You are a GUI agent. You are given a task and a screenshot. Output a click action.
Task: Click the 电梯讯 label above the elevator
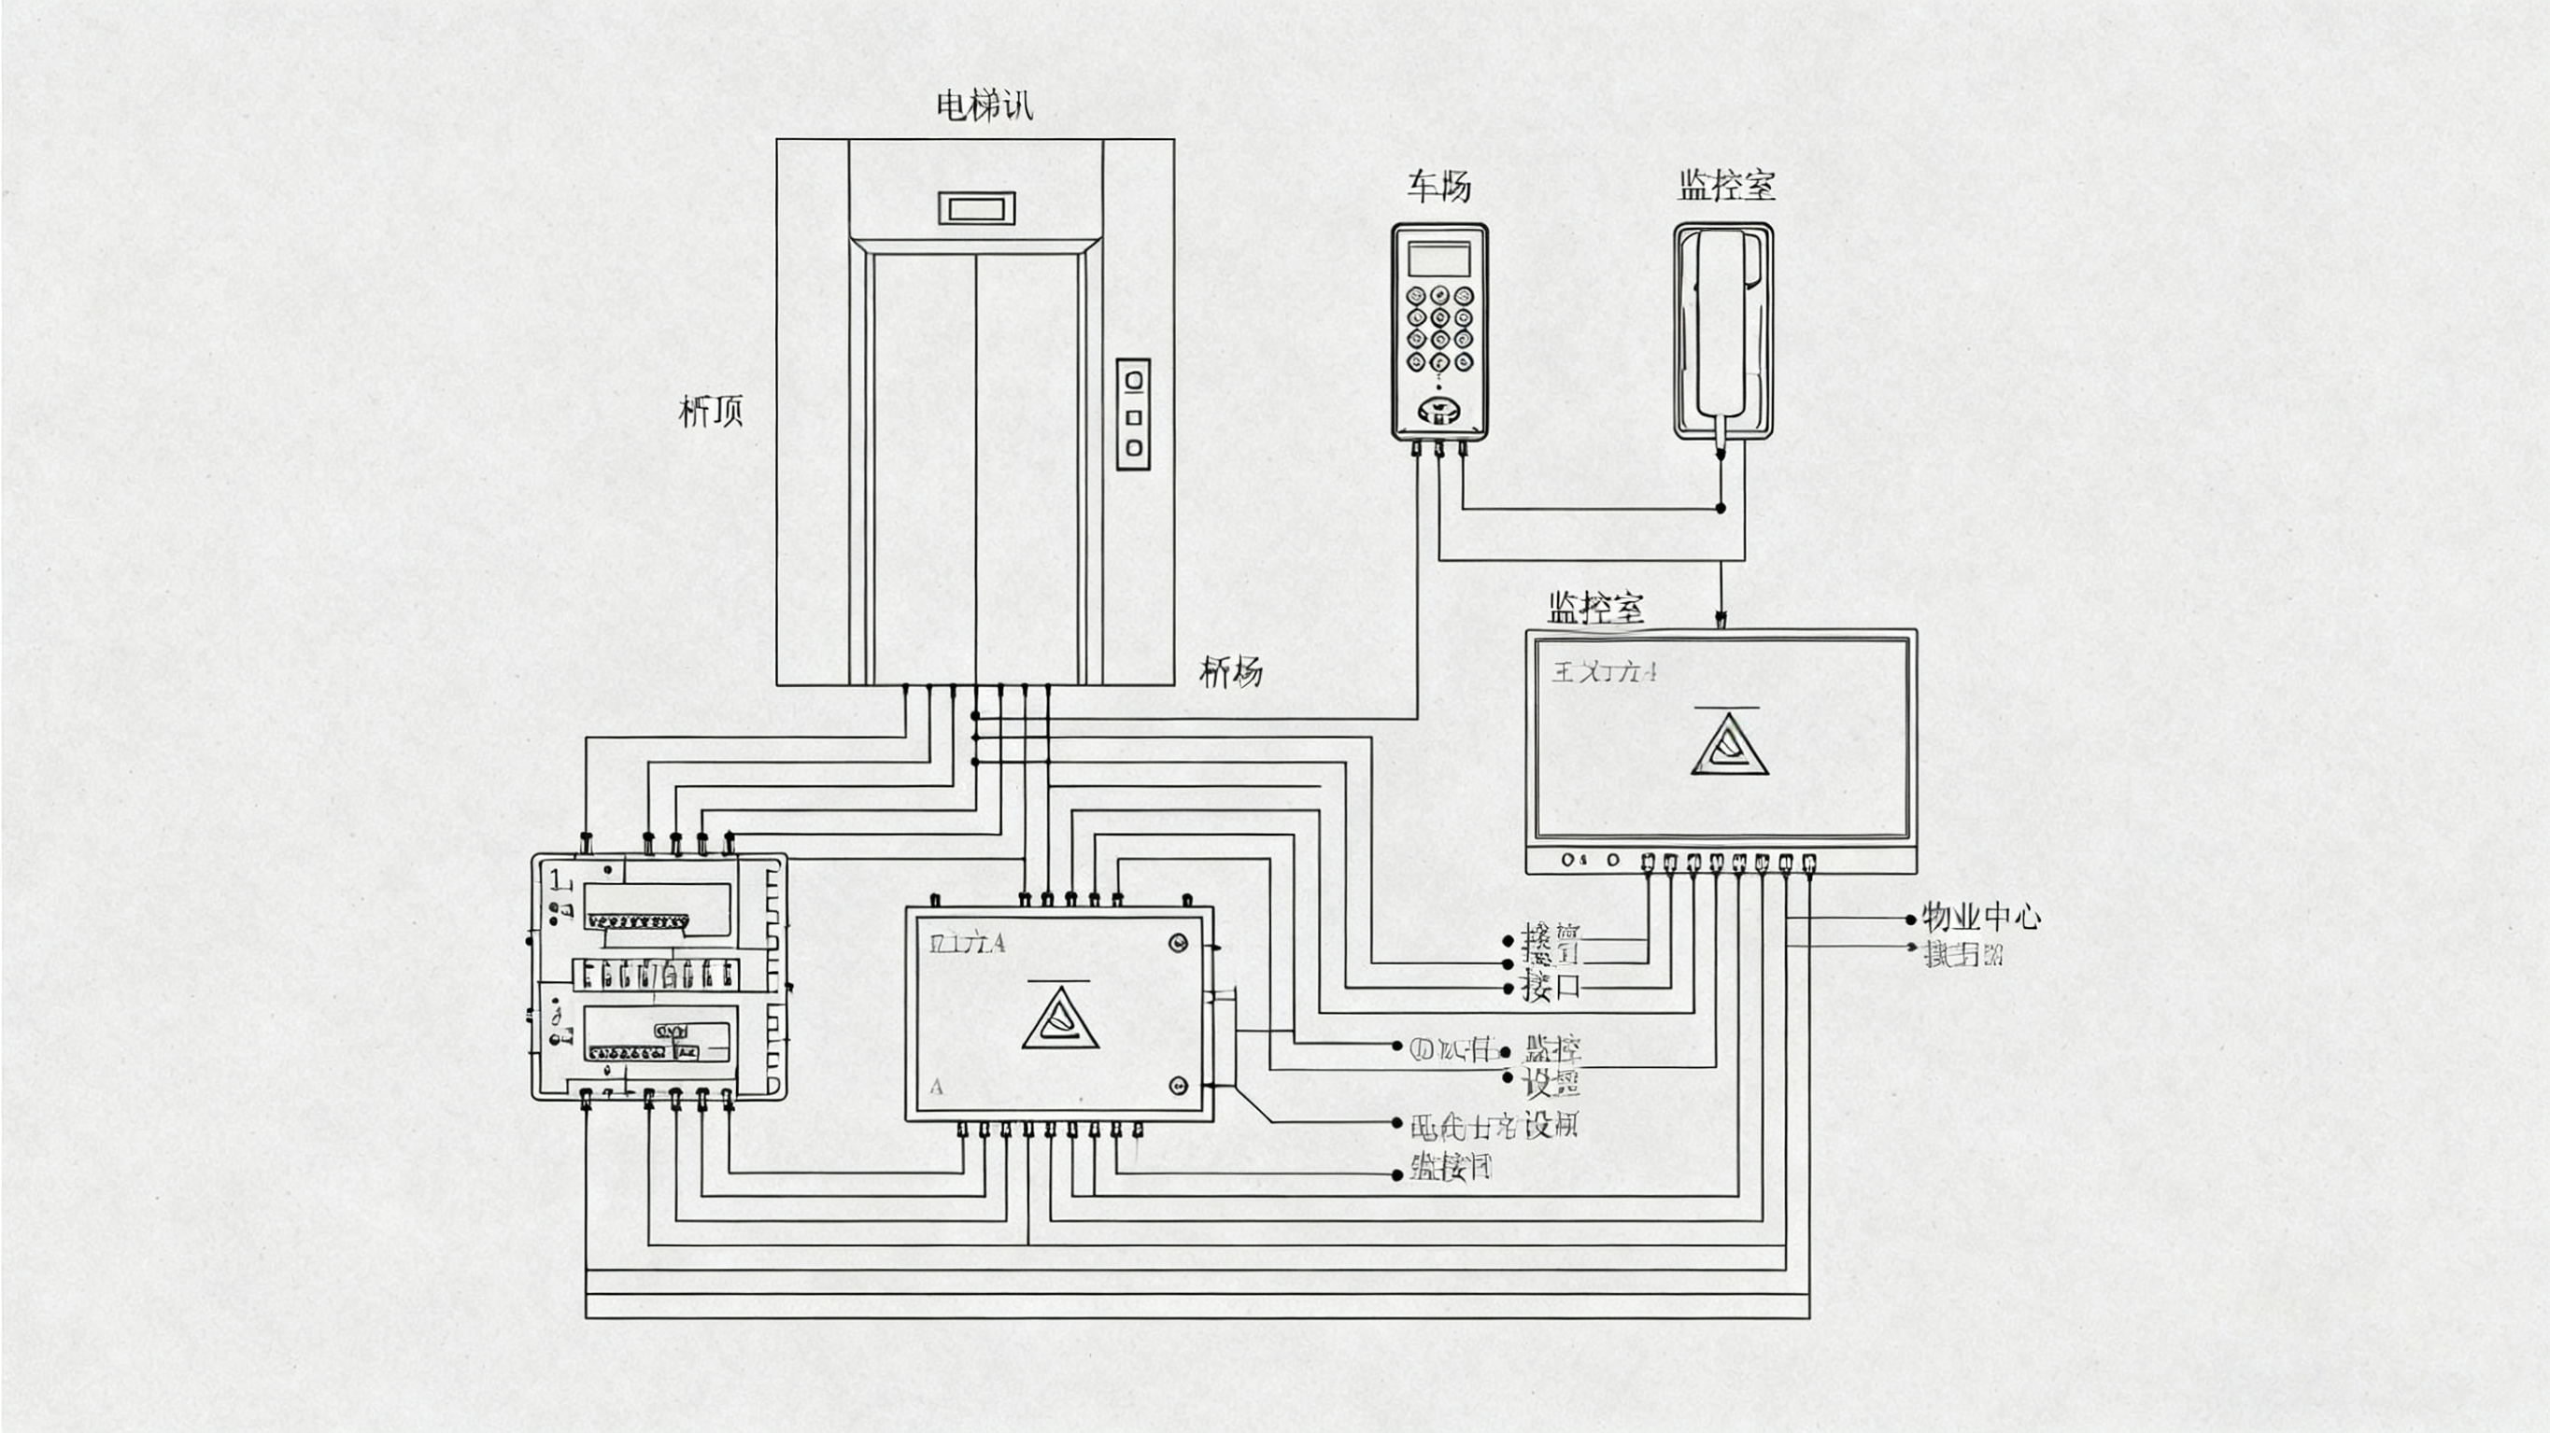(984, 105)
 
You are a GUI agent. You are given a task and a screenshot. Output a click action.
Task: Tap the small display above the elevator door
(976, 208)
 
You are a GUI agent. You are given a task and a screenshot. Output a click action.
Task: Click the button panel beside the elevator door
(1133, 414)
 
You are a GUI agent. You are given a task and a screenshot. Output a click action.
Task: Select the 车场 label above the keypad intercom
(1438, 186)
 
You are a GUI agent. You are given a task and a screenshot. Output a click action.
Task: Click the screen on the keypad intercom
(1438, 260)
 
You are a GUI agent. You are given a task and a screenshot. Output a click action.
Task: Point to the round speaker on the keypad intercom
(1438, 410)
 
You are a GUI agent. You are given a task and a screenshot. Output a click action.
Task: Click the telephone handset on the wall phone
(1721, 322)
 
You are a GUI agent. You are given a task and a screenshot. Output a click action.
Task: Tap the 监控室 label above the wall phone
(1726, 185)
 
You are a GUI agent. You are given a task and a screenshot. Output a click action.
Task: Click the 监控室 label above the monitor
(1594, 607)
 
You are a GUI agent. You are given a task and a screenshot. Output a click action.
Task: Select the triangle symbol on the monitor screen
(1729, 744)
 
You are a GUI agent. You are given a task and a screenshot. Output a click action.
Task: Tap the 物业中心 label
(1980, 917)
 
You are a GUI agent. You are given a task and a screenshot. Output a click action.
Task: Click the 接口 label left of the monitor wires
(1551, 987)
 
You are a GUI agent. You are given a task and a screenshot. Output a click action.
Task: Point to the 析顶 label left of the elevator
(710, 411)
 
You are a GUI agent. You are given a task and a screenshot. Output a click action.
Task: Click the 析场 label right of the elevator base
(1230, 672)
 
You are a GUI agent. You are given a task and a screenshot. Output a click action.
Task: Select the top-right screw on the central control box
(1178, 942)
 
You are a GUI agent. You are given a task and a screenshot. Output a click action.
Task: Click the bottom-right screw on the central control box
(1178, 1086)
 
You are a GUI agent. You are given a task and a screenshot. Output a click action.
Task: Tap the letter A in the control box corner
(937, 1088)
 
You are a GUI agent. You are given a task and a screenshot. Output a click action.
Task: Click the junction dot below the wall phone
(1721, 508)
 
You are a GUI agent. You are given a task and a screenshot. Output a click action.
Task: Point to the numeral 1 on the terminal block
(558, 878)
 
